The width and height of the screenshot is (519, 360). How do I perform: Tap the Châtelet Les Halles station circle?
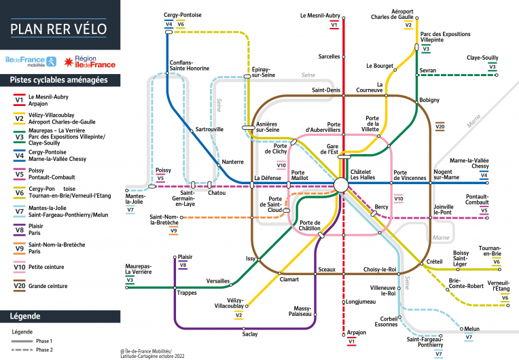click(340, 183)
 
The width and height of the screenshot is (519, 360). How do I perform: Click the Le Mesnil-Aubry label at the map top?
click(319, 15)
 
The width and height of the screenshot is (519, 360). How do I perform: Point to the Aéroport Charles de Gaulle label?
click(411, 14)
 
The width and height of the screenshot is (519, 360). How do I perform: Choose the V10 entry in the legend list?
click(20, 266)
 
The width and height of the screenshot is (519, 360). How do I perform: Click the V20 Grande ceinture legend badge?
click(20, 286)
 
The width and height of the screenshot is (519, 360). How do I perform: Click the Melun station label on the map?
click(471, 329)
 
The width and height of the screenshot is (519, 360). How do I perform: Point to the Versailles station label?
click(218, 281)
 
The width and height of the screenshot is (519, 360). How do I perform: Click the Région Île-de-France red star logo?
click(68, 62)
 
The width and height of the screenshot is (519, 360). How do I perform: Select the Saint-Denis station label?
click(325, 90)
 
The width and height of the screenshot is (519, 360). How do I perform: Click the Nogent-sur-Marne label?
click(447, 175)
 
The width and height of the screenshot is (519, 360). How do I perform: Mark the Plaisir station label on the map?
click(184, 257)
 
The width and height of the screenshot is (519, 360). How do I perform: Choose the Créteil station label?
click(435, 262)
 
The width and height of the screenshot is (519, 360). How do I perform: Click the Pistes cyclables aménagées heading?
click(58, 79)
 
